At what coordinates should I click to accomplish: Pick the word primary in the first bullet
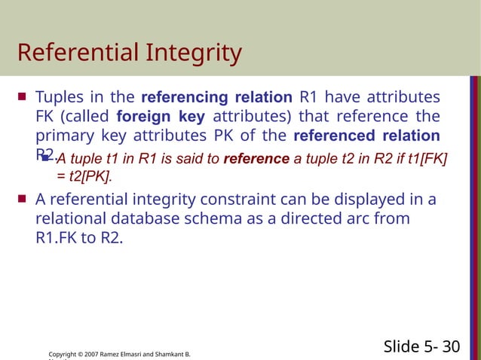[x=63, y=136]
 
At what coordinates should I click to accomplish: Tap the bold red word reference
[x=256, y=159]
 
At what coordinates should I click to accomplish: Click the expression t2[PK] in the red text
[x=92, y=176]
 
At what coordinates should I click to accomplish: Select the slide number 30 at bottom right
[x=451, y=346]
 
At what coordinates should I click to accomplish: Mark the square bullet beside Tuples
[x=22, y=97]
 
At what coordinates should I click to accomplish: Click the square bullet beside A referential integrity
[x=22, y=200]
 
